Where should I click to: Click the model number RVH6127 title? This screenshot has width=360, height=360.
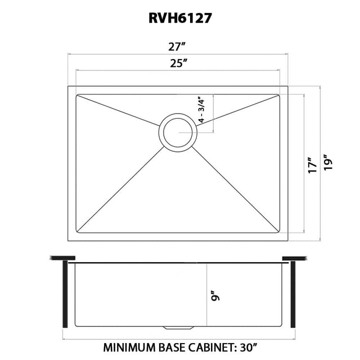point(180,18)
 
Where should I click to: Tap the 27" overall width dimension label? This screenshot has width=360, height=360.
point(177,47)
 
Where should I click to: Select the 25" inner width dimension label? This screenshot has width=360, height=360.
point(178,63)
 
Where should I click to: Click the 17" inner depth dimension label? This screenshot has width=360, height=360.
point(313,165)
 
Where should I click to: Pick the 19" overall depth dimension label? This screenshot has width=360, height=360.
point(328,162)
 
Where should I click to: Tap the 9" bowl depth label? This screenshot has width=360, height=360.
point(216,296)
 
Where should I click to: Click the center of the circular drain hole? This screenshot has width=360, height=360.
point(178,133)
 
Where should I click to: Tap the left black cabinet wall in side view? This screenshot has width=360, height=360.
point(65,294)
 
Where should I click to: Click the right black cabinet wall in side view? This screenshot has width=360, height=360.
point(292,294)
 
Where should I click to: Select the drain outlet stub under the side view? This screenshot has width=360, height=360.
point(178,327)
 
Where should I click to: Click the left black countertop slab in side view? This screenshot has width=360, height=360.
point(62,258)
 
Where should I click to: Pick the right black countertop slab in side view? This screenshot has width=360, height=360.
point(295,258)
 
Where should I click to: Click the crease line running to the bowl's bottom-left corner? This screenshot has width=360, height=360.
point(120,189)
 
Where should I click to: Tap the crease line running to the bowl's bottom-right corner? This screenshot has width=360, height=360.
point(235,189)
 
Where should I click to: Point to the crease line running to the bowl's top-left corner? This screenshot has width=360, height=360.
point(118,111)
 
